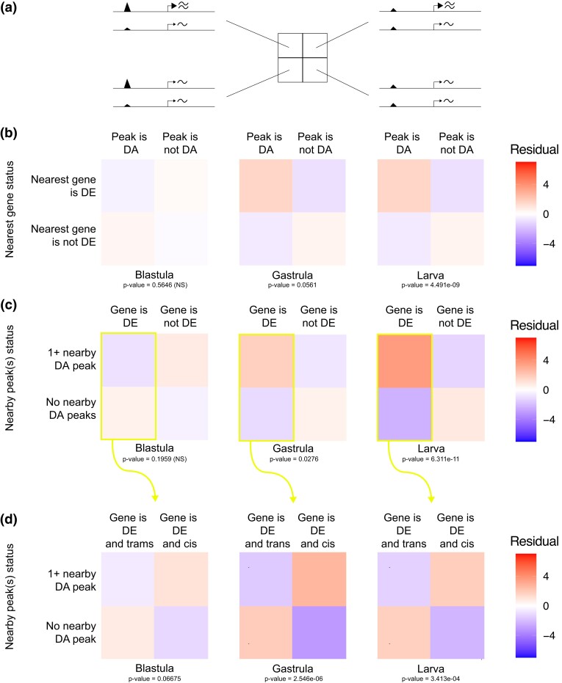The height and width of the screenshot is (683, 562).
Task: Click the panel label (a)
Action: [9, 7]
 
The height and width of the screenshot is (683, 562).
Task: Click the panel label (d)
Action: [9, 519]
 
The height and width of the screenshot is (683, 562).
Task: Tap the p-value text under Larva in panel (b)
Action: [430, 285]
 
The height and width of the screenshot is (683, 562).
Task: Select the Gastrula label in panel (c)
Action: [293, 448]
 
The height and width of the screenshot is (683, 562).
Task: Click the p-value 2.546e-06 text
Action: [294, 679]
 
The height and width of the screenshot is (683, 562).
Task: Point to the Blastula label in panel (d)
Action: [154, 668]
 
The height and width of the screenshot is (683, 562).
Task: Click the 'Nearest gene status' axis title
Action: [9, 210]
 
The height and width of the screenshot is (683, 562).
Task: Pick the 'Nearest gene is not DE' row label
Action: [63, 235]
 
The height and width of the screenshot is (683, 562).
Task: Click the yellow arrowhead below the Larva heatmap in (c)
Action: [431, 498]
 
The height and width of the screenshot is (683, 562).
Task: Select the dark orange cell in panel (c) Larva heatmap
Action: [405, 361]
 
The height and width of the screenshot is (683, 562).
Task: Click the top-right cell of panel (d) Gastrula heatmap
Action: [319, 579]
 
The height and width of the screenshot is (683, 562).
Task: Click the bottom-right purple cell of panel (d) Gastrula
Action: [319, 632]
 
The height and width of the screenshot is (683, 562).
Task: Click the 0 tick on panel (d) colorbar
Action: [545, 606]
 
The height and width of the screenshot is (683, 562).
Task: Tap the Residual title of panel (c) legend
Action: [535, 326]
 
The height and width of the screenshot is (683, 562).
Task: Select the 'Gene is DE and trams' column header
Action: [129, 530]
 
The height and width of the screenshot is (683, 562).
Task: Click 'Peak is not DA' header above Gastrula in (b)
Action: [315, 143]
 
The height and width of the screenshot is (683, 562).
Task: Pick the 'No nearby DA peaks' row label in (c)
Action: [71, 409]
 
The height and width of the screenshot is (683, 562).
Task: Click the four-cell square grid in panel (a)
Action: [303, 57]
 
